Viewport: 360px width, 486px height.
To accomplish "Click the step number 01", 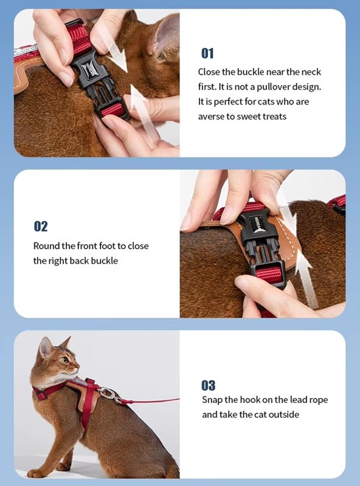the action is click(207, 53).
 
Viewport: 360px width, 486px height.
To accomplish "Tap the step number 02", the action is click(41, 226).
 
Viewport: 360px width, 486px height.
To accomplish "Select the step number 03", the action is click(208, 385).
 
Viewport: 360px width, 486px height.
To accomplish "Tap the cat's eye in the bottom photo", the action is click(64, 360).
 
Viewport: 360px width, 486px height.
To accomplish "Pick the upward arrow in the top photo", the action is click(141, 115).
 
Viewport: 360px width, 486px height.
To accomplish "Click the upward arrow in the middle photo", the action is click(306, 276).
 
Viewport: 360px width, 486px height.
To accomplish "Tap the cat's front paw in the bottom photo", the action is click(36, 473).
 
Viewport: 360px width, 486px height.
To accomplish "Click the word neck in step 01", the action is click(311, 72).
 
